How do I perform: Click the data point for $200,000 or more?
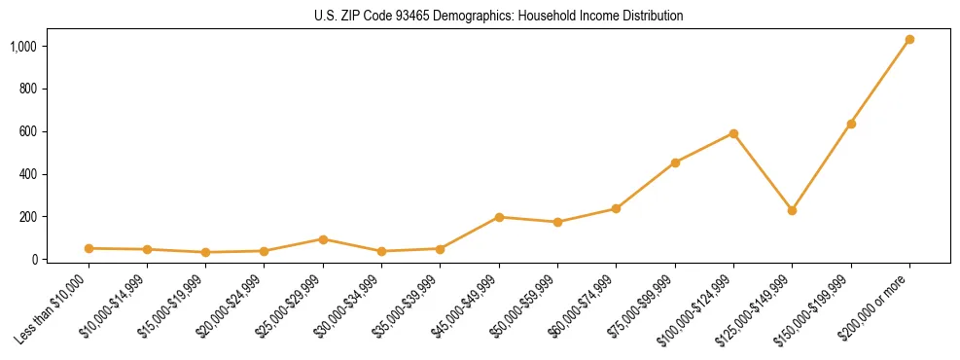click(909, 40)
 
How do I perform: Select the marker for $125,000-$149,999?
click(792, 210)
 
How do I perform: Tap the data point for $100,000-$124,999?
click(733, 133)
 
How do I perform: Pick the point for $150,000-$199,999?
click(851, 124)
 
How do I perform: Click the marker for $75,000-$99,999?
click(675, 162)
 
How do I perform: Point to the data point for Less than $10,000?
click(89, 248)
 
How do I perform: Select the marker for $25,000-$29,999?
click(323, 239)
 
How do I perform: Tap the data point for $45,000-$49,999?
click(499, 217)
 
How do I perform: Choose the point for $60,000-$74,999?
click(616, 208)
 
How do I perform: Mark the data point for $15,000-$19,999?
click(205, 252)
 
